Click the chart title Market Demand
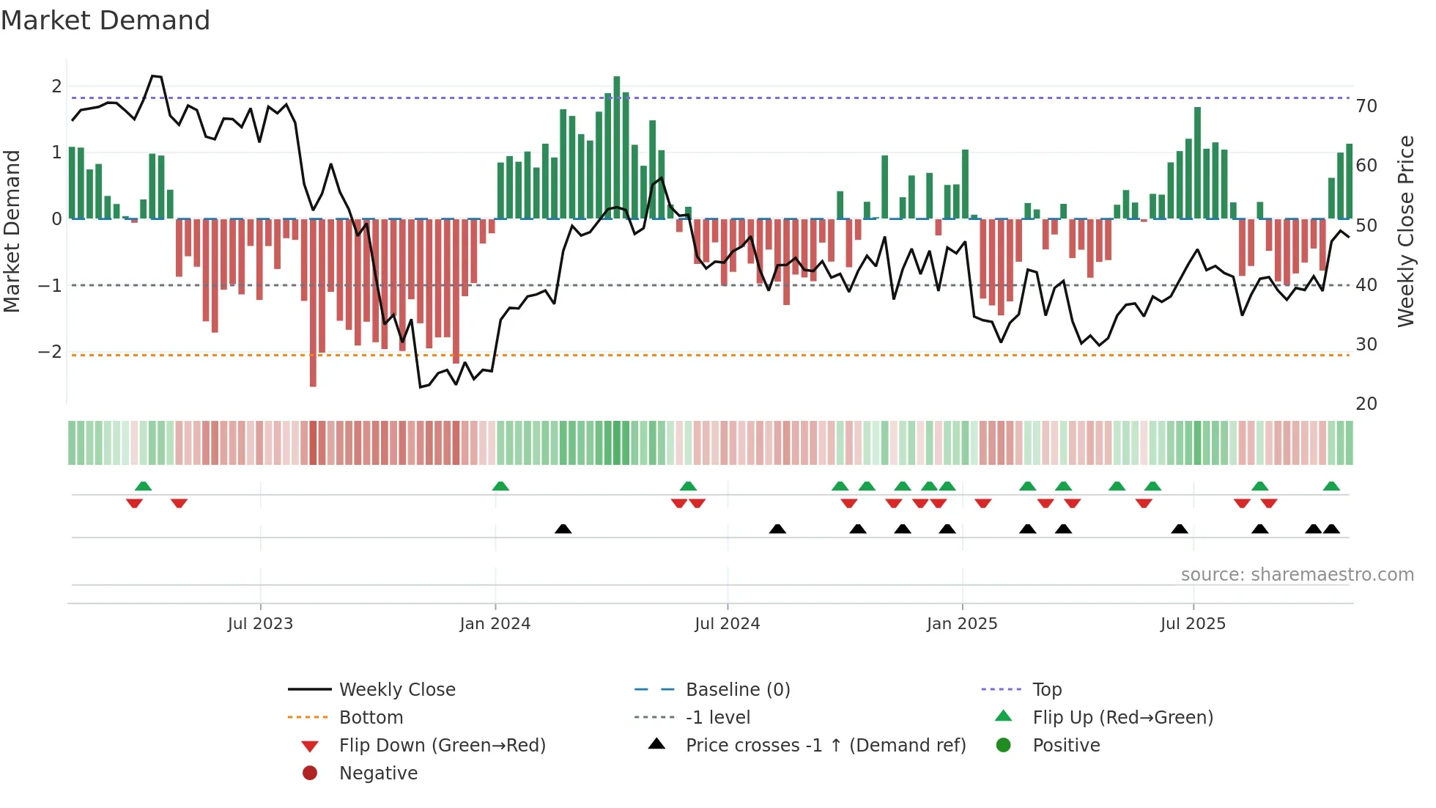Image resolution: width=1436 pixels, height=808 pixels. [x=106, y=21]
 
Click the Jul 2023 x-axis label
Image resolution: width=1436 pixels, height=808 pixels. [x=260, y=624]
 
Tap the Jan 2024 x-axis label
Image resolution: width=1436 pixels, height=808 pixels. [x=495, y=624]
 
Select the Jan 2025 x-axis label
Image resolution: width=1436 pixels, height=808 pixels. [x=961, y=624]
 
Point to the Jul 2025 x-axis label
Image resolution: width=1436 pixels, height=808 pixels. [x=1193, y=624]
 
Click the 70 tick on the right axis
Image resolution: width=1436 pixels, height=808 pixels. [x=1366, y=106]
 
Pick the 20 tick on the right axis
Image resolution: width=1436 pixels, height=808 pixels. [x=1366, y=404]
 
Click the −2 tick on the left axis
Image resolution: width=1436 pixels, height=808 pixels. [x=50, y=352]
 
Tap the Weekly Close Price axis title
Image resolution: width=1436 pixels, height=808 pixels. [x=1405, y=231]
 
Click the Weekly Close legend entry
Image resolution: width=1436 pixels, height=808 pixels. [x=396, y=690]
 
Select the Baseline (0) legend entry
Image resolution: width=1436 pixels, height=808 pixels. [x=737, y=690]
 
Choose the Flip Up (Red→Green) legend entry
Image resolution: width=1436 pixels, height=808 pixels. [x=1122, y=718]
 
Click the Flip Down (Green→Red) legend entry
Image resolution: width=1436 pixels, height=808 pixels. [x=442, y=746]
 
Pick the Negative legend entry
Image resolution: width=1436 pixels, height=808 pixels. [x=378, y=774]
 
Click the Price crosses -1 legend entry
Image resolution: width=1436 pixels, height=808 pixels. [x=825, y=746]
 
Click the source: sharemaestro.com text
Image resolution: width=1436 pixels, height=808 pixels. [x=1297, y=575]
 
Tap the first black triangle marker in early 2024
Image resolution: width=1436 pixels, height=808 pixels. [x=563, y=529]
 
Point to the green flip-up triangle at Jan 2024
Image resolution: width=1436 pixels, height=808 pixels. [x=500, y=486]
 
